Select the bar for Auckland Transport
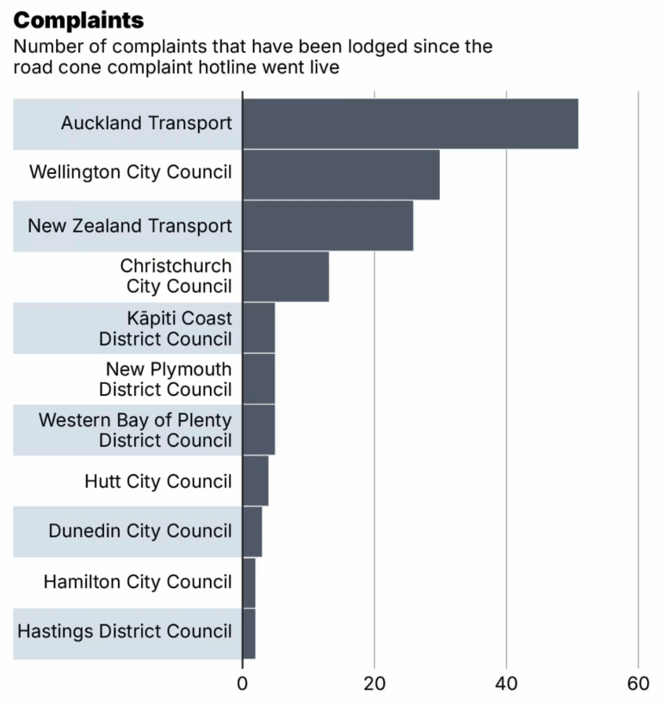tap(410, 124)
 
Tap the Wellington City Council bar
tap(341, 175)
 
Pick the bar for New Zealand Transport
tap(327, 226)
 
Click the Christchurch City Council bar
tap(285, 276)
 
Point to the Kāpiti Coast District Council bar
tap(258, 328)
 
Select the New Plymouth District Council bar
tap(258, 379)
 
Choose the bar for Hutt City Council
tap(255, 481)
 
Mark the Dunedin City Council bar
tap(252, 532)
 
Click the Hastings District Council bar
tap(249, 634)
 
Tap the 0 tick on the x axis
tap(243, 684)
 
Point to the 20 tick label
tap(374, 684)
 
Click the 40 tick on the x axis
tap(506, 684)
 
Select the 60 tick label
tap(638, 684)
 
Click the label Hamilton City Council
tap(138, 583)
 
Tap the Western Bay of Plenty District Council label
tap(135, 430)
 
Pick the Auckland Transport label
tap(146, 124)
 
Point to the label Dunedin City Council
tap(140, 532)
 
